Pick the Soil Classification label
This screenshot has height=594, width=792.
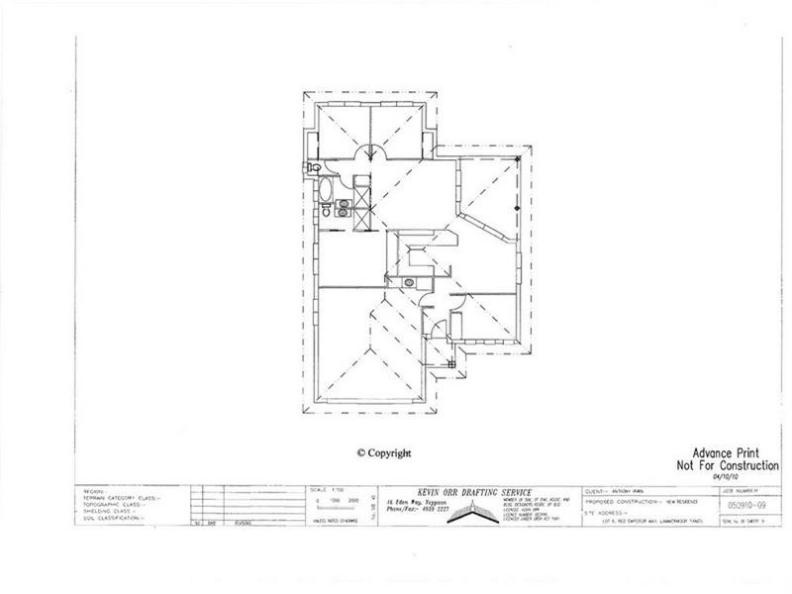point(116,518)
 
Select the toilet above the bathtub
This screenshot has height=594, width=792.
point(312,165)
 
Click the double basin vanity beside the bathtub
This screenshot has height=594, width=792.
point(343,208)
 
